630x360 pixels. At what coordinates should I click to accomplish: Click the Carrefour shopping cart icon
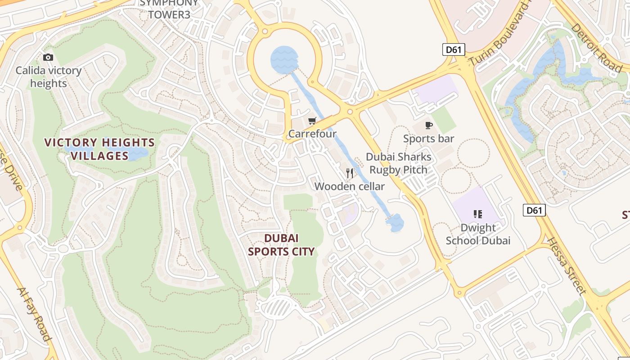(312, 121)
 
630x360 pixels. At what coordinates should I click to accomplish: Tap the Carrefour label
(312, 134)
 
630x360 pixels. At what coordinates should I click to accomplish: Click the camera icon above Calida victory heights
(48, 57)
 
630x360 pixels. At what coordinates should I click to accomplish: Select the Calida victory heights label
(49, 77)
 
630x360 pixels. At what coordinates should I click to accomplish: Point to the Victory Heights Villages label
(99, 149)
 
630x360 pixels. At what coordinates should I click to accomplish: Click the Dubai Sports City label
(281, 245)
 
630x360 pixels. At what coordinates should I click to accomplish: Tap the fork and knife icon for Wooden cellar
(350, 173)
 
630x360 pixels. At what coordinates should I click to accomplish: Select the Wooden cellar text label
(350, 186)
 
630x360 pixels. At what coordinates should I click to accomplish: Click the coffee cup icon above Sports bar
(428, 125)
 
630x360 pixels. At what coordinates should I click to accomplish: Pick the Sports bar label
(428, 139)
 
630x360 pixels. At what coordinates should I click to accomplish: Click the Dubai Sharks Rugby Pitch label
(398, 163)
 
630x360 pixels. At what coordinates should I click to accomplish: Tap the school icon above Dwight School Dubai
(478, 214)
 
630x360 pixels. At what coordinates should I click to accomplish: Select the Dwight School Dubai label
(478, 234)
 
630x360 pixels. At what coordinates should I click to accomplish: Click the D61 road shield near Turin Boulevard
(454, 49)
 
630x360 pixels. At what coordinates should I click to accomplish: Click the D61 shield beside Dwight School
(534, 210)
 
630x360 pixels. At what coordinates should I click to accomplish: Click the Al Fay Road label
(34, 313)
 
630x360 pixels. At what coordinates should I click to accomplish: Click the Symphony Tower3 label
(169, 9)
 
